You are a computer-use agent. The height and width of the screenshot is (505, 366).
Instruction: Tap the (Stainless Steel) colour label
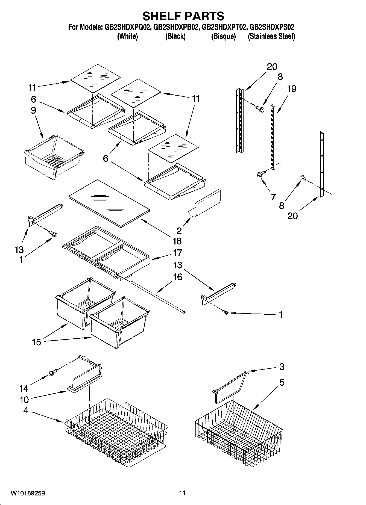pyautogui.click(x=271, y=36)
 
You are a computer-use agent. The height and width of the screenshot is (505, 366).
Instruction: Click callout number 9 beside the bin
pyautogui.click(x=33, y=110)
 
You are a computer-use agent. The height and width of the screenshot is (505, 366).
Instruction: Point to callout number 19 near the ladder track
pyautogui.click(x=292, y=89)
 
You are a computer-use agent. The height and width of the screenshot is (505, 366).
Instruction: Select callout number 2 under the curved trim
pyautogui.click(x=179, y=231)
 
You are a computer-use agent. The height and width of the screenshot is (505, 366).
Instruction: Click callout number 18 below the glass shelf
pyautogui.click(x=177, y=241)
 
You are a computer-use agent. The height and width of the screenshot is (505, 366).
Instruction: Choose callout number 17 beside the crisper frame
pyautogui.click(x=177, y=253)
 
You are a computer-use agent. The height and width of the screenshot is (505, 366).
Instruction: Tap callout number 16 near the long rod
pyautogui.click(x=177, y=277)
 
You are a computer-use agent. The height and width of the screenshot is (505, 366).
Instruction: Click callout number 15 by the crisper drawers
pyautogui.click(x=36, y=342)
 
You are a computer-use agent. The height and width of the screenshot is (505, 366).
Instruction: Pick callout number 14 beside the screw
pyautogui.click(x=24, y=388)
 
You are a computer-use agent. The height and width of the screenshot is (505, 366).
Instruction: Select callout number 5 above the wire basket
pyautogui.click(x=282, y=382)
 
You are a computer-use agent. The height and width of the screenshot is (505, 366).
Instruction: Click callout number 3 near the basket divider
pyautogui.click(x=282, y=367)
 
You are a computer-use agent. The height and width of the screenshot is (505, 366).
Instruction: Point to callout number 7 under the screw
pyautogui.click(x=273, y=197)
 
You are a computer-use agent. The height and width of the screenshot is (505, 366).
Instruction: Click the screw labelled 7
pyautogui.click(x=261, y=173)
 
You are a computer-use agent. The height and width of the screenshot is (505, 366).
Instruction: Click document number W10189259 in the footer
pyautogui.click(x=28, y=493)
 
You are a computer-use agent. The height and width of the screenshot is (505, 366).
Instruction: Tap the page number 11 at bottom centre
pyautogui.click(x=182, y=493)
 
